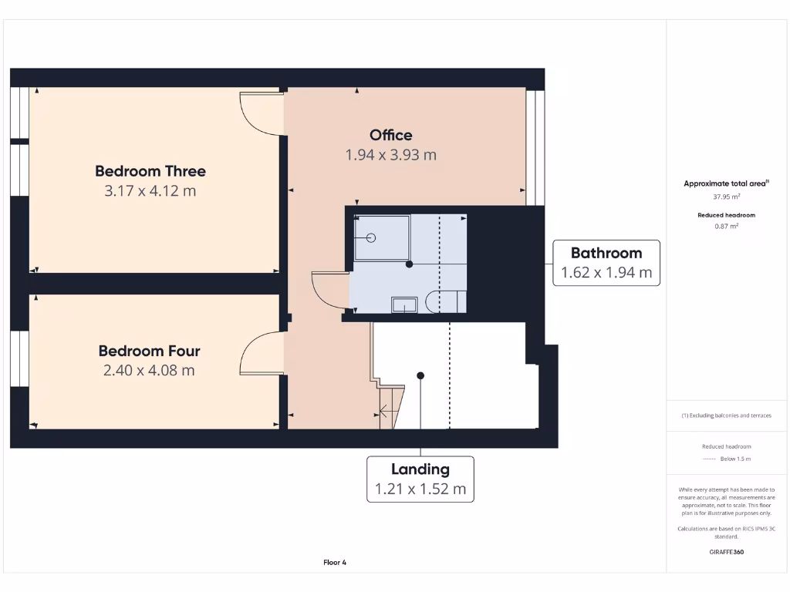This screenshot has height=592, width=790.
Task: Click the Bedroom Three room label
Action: [150, 171]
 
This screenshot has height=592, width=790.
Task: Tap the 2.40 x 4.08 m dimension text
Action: [149, 371]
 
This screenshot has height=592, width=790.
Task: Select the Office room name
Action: [390, 135]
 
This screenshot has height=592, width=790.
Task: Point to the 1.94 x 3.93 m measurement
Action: [390, 155]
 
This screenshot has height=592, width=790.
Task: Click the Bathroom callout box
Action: [606, 262]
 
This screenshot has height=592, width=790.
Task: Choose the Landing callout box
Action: [420, 479]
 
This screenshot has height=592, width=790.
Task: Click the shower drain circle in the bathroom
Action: [370, 237]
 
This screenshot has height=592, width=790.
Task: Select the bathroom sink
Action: [404, 304]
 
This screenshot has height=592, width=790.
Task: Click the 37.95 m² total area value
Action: [726, 197]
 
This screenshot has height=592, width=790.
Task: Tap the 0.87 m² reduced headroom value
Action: [726, 227]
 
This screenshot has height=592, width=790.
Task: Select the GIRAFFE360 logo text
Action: [726, 552]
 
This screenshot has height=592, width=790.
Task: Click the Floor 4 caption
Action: [335, 563]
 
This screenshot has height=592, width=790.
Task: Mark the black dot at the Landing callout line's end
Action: [420, 376]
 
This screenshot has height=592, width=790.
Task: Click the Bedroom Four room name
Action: [149, 351]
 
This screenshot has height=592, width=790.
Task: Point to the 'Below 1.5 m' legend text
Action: [735, 459]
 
